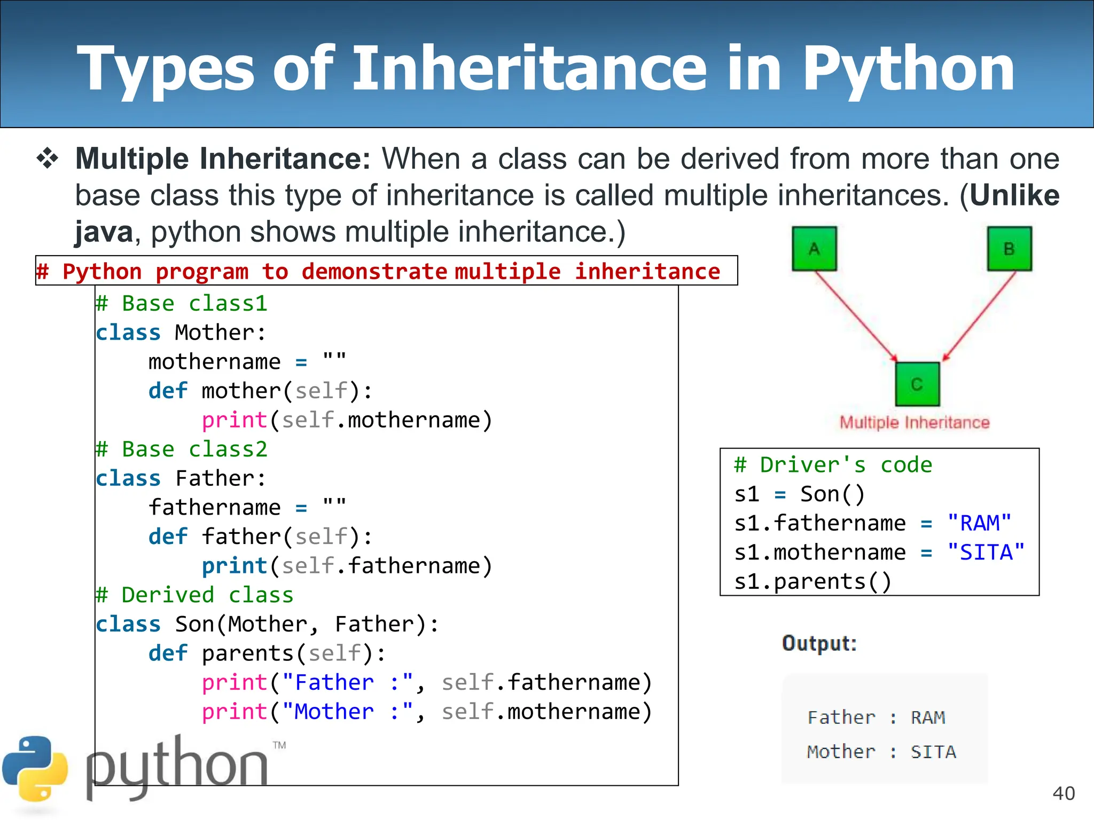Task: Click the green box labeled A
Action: (814, 249)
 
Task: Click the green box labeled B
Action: (1009, 249)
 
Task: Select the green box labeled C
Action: (917, 384)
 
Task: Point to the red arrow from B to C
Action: (979, 316)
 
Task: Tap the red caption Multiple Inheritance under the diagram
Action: (915, 423)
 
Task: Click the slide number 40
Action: (1063, 793)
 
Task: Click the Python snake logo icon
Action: (35, 769)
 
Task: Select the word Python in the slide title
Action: (908, 69)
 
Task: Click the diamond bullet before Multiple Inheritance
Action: (48, 159)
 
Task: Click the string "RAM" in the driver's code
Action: (979, 523)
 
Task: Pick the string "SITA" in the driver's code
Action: (986, 553)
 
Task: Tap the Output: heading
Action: (819, 643)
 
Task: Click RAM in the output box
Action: (928, 717)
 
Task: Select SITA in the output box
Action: (933, 752)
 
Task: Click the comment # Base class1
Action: (182, 304)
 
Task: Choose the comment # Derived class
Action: (195, 595)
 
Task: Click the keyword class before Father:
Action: (128, 478)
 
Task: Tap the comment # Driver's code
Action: (833, 465)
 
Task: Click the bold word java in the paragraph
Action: (104, 232)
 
